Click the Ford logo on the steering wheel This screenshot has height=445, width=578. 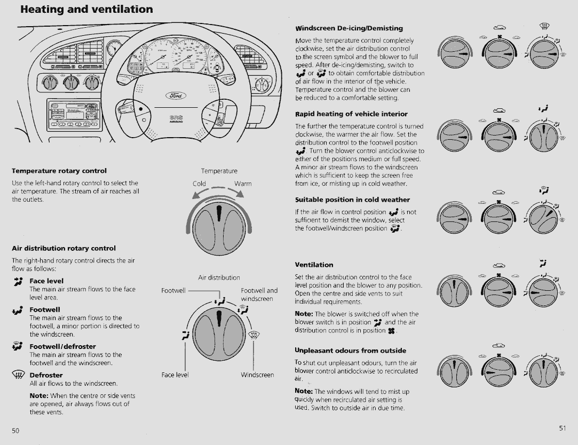177,96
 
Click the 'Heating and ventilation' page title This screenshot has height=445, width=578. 86,9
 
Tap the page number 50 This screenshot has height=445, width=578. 15,430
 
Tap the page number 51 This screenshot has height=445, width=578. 562,428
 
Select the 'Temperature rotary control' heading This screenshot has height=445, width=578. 59,171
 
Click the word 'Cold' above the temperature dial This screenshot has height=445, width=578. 199,184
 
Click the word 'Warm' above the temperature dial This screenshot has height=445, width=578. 243,184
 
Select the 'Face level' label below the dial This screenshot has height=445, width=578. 175,375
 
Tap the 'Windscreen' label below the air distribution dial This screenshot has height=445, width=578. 257,375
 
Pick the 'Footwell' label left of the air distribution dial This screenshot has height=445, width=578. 173,291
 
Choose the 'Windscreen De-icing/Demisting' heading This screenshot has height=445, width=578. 349,28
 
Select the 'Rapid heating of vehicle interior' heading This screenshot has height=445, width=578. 351,114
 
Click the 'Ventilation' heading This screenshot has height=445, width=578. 314,265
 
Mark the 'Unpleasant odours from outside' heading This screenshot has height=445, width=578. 350,351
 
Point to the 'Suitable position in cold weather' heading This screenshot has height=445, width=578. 352,200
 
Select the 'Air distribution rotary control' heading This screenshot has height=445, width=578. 64,248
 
